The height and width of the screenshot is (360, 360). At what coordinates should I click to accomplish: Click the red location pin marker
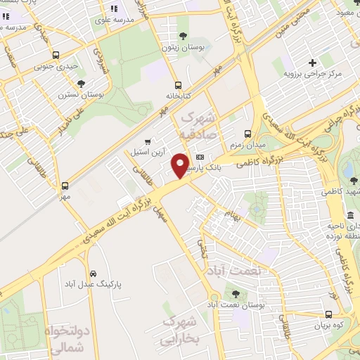point(181,165)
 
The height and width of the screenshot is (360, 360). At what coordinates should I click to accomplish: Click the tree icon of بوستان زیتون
point(183,35)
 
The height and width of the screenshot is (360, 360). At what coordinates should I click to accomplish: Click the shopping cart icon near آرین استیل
point(147,140)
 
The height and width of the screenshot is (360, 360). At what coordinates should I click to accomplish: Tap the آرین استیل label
point(147,151)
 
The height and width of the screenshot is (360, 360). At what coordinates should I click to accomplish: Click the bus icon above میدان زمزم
point(247,133)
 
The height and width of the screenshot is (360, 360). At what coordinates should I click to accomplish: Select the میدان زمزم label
point(247,144)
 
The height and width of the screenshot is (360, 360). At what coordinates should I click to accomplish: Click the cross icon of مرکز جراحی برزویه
point(312,63)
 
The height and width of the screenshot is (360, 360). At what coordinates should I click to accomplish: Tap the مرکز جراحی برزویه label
point(312,74)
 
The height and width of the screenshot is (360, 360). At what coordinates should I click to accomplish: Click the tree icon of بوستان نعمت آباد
point(236,293)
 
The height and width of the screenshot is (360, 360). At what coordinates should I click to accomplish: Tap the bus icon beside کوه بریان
point(329,314)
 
